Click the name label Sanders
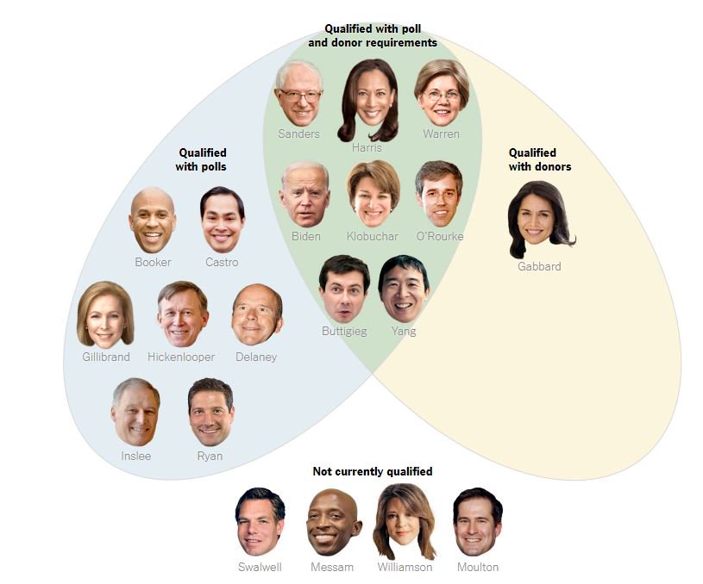click(298, 134)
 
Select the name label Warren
click(441, 134)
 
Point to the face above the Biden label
click(304, 194)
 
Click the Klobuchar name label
click(373, 236)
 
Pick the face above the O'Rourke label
click(439, 193)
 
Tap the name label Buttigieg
click(344, 331)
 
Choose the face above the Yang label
click(403, 287)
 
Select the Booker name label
click(153, 262)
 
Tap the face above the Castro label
click(222, 219)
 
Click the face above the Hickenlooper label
click(182, 314)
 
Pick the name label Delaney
click(256, 357)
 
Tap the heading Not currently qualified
click(373, 471)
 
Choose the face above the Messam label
click(333, 522)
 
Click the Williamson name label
click(405, 567)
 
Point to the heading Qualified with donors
click(539, 159)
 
